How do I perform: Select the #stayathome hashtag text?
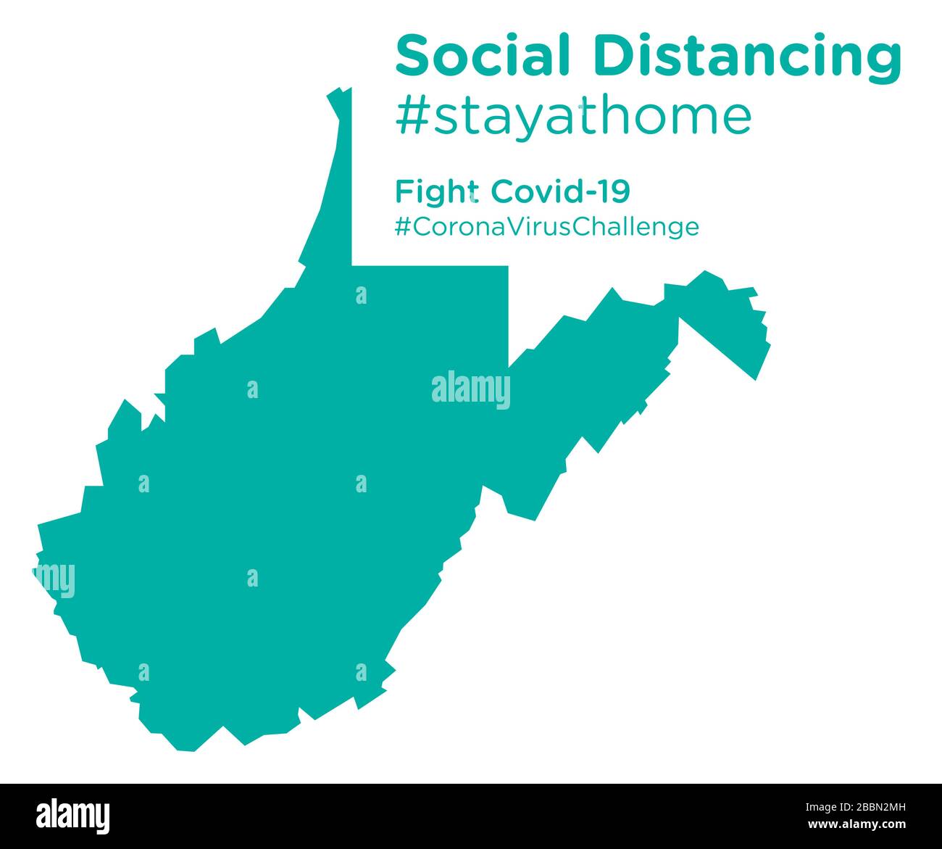point(573,116)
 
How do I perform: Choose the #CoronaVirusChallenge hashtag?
point(547,227)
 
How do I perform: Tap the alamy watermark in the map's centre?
point(471,389)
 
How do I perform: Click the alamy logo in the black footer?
point(73,814)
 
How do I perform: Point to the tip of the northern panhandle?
point(339,93)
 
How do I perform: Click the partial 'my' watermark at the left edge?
point(54,579)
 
